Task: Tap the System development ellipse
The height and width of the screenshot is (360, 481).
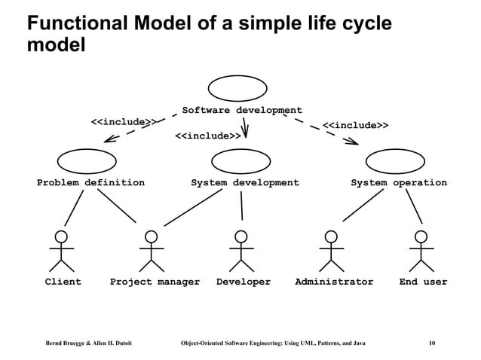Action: (241, 160)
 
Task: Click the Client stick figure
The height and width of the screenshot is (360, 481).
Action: (62, 251)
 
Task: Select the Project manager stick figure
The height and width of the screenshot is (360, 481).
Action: (152, 251)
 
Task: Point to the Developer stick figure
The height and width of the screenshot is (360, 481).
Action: (241, 251)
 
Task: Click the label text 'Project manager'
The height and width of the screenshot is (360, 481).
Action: (155, 282)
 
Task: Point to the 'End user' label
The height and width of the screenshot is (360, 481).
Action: (423, 282)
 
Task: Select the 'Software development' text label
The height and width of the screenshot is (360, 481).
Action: (241, 111)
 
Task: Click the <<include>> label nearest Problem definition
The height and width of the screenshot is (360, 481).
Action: (123, 122)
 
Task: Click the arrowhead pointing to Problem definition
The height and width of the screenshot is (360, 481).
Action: (109, 138)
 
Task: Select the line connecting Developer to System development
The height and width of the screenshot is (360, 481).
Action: (242, 204)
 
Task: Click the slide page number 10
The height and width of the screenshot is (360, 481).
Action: (430, 343)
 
